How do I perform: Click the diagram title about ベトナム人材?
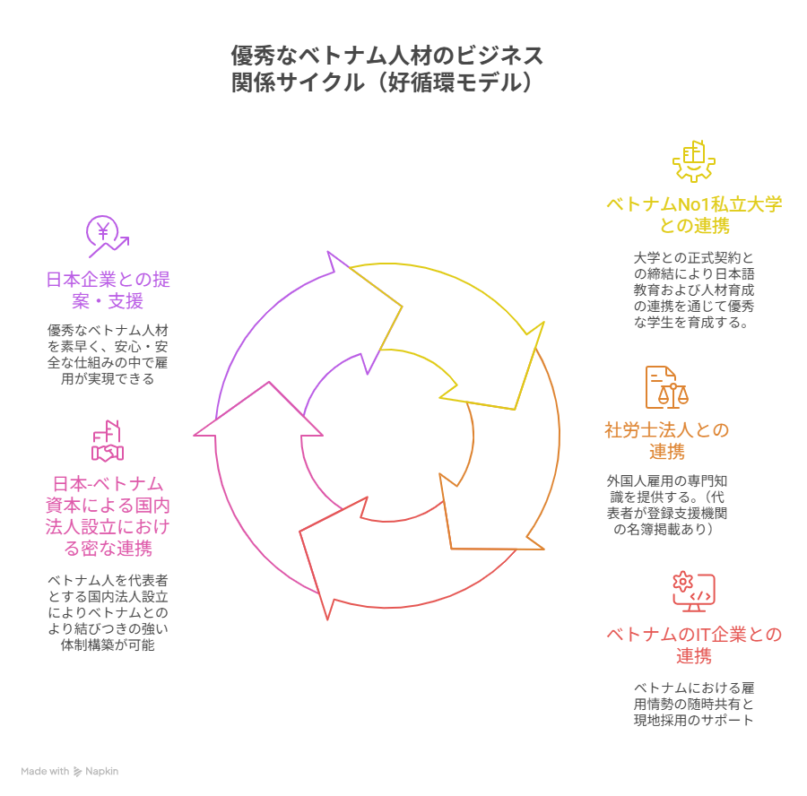click(x=386, y=69)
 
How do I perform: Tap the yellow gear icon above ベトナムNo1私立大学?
click(x=693, y=162)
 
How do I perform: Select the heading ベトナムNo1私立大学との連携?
click(x=693, y=215)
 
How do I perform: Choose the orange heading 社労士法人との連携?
click(x=666, y=440)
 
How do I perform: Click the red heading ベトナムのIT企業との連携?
click(x=693, y=645)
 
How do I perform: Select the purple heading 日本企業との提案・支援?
click(x=108, y=290)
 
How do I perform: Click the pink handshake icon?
click(x=108, y=440)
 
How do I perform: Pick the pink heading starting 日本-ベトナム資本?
click(x=108, y=516)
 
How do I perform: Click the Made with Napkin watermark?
click(x=70, y=771)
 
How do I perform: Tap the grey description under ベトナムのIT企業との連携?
click(x=693, y=704)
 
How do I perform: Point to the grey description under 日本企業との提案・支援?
click(x=108, y=354)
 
